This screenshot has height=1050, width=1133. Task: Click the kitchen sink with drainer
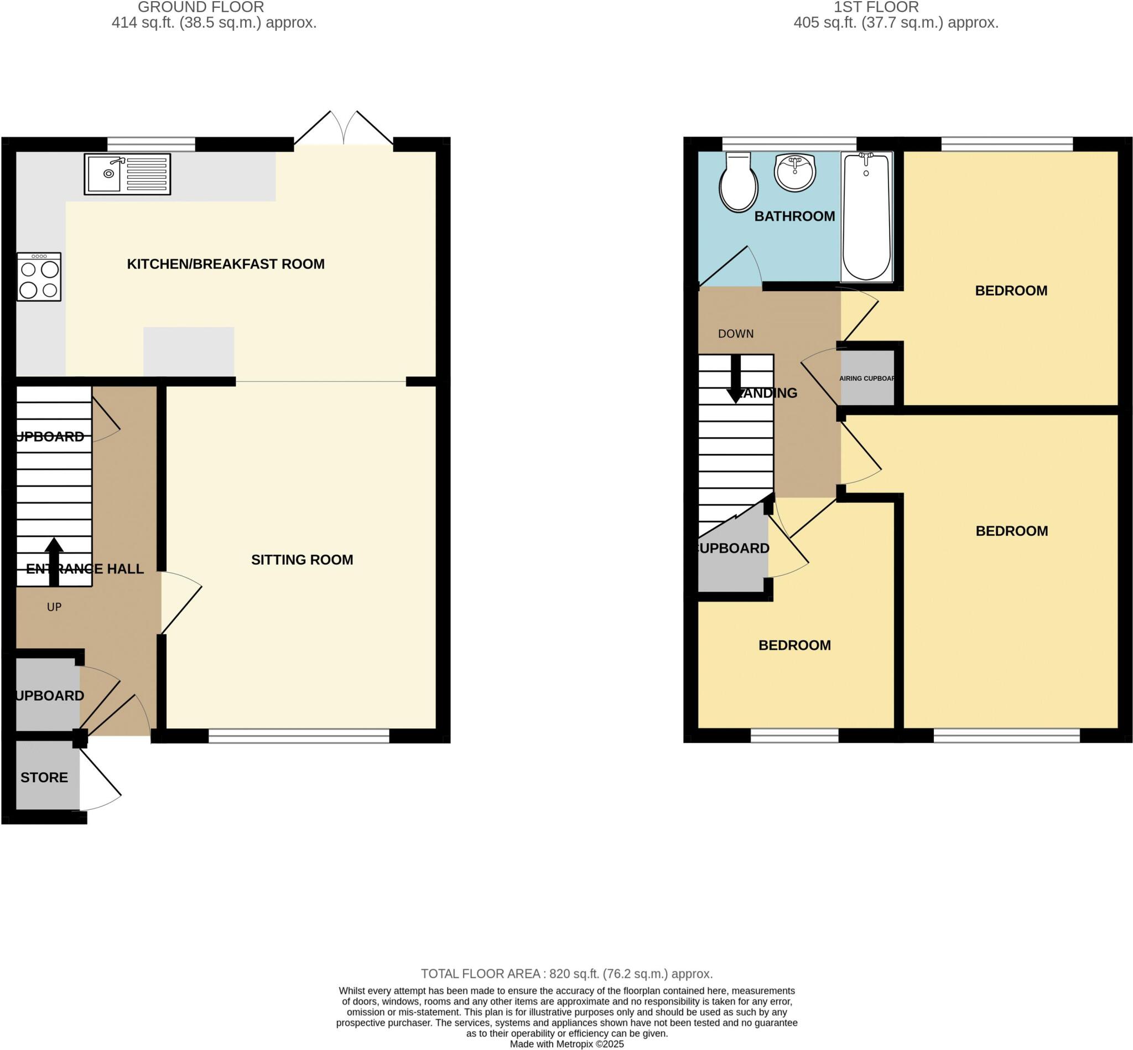point(127,174)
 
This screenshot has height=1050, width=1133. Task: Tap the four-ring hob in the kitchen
point(39,277)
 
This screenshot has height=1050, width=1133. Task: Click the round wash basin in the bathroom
point(795,173)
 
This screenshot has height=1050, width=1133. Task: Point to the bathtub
point(866,217)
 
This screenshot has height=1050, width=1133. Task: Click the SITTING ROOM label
point(302,560)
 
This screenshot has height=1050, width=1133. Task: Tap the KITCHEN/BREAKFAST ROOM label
point(226,263)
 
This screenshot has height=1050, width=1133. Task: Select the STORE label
point(44,777)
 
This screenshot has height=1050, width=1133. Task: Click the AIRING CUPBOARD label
point(867,378)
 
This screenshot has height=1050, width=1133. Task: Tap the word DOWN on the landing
point(735,334)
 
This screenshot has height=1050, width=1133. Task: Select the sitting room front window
point(299,736)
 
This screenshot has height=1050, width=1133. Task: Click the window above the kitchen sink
point(151,144)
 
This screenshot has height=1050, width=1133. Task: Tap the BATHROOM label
point(794,216)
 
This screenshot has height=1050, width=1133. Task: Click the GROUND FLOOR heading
point(201,7)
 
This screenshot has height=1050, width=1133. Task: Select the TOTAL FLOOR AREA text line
point(566,973)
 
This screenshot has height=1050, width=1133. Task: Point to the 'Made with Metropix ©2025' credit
point(566,1044)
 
